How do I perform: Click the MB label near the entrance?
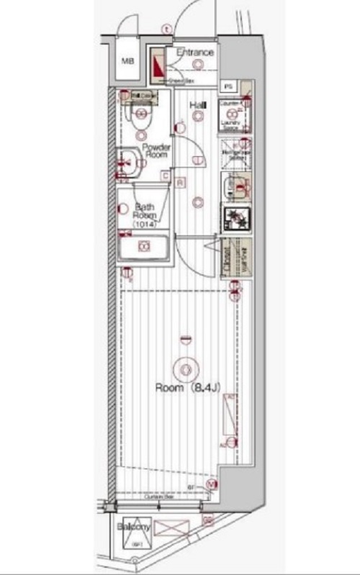(127, 60)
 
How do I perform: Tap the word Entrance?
(194, 53)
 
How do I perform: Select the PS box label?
(228, 86)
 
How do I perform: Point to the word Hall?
(197, 107)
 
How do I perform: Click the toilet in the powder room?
(141, 115)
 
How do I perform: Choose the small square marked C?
(166, 176)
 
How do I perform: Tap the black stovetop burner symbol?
(235, 217)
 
